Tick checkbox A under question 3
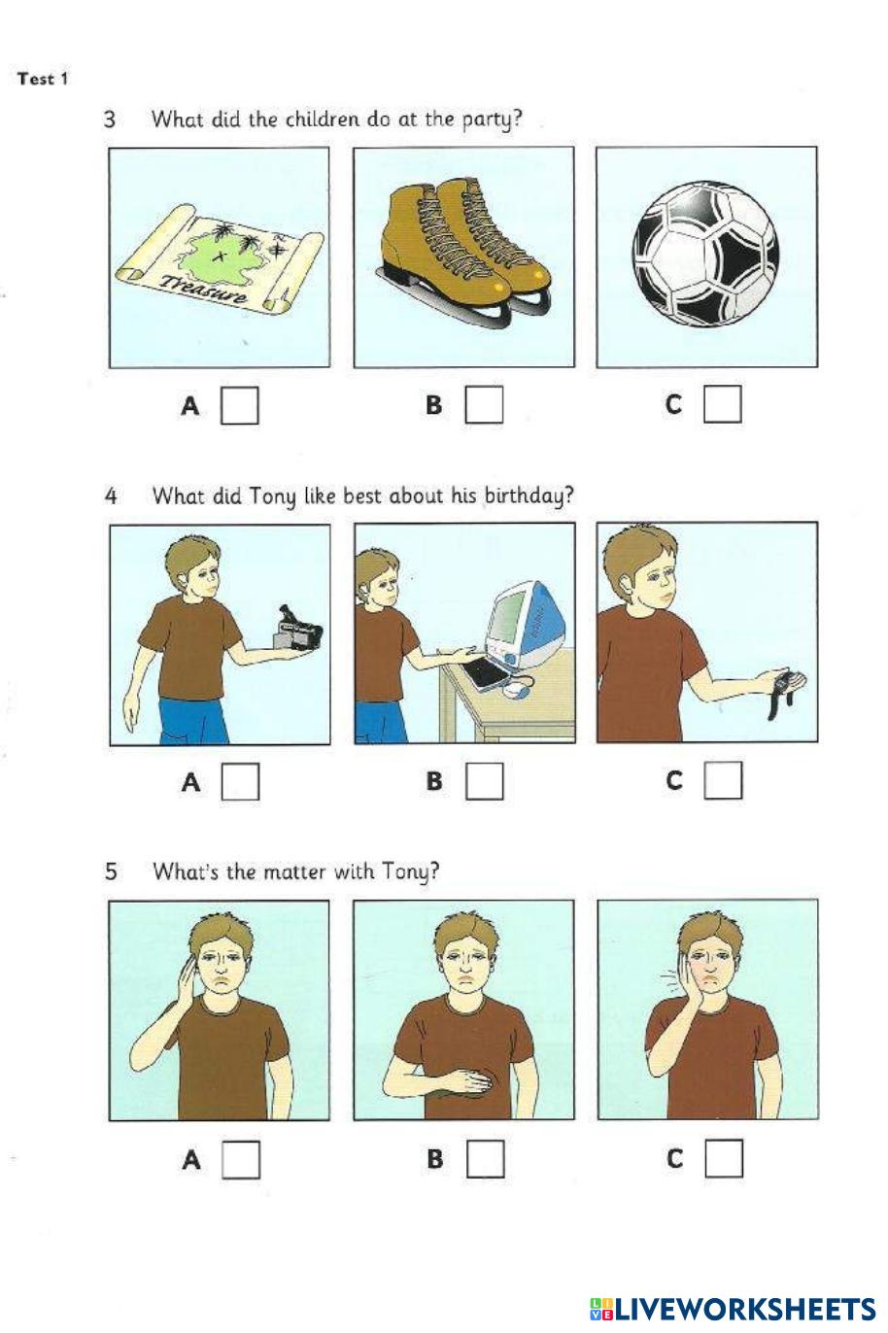tap(239, 406)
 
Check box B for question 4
tap(484, 781)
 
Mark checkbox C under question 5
tap(724, 1158)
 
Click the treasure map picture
tap(219, 258)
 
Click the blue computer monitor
tap(519, 624)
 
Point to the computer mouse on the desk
tap(514, 689)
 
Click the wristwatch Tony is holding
tap(781, 692)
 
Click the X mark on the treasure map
tap(221, 257)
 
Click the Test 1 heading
tap(43, 79)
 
